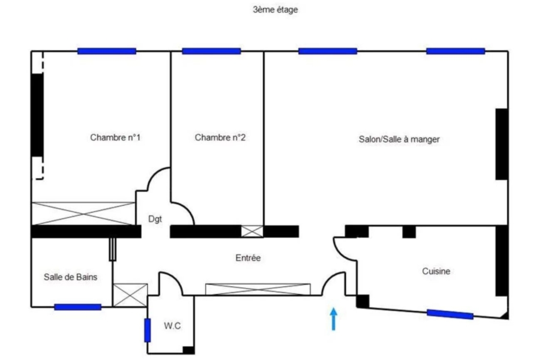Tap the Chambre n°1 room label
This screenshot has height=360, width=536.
click(x=115, y=137)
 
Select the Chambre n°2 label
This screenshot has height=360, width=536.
click(x=220, y=137)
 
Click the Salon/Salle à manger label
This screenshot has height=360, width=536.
click(x=399, y=139)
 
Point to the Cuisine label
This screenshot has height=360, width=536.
click(x=436, y=272)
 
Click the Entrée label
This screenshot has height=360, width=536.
click(x=248, y=258)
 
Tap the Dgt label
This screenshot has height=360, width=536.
click(x=155, y=220)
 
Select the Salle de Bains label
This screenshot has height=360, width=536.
click(x=70, y=277)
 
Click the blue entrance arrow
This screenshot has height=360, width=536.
click(x=333, y=319)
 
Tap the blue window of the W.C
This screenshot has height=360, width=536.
click(x=147, y=331)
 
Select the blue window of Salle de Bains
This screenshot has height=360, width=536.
click(x=77, y=307)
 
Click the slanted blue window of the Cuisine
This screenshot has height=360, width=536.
click(x=450, y=314)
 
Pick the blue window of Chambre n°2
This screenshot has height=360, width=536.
click(x=211, y=51)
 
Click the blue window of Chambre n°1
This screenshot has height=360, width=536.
click(x=106, y=51)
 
